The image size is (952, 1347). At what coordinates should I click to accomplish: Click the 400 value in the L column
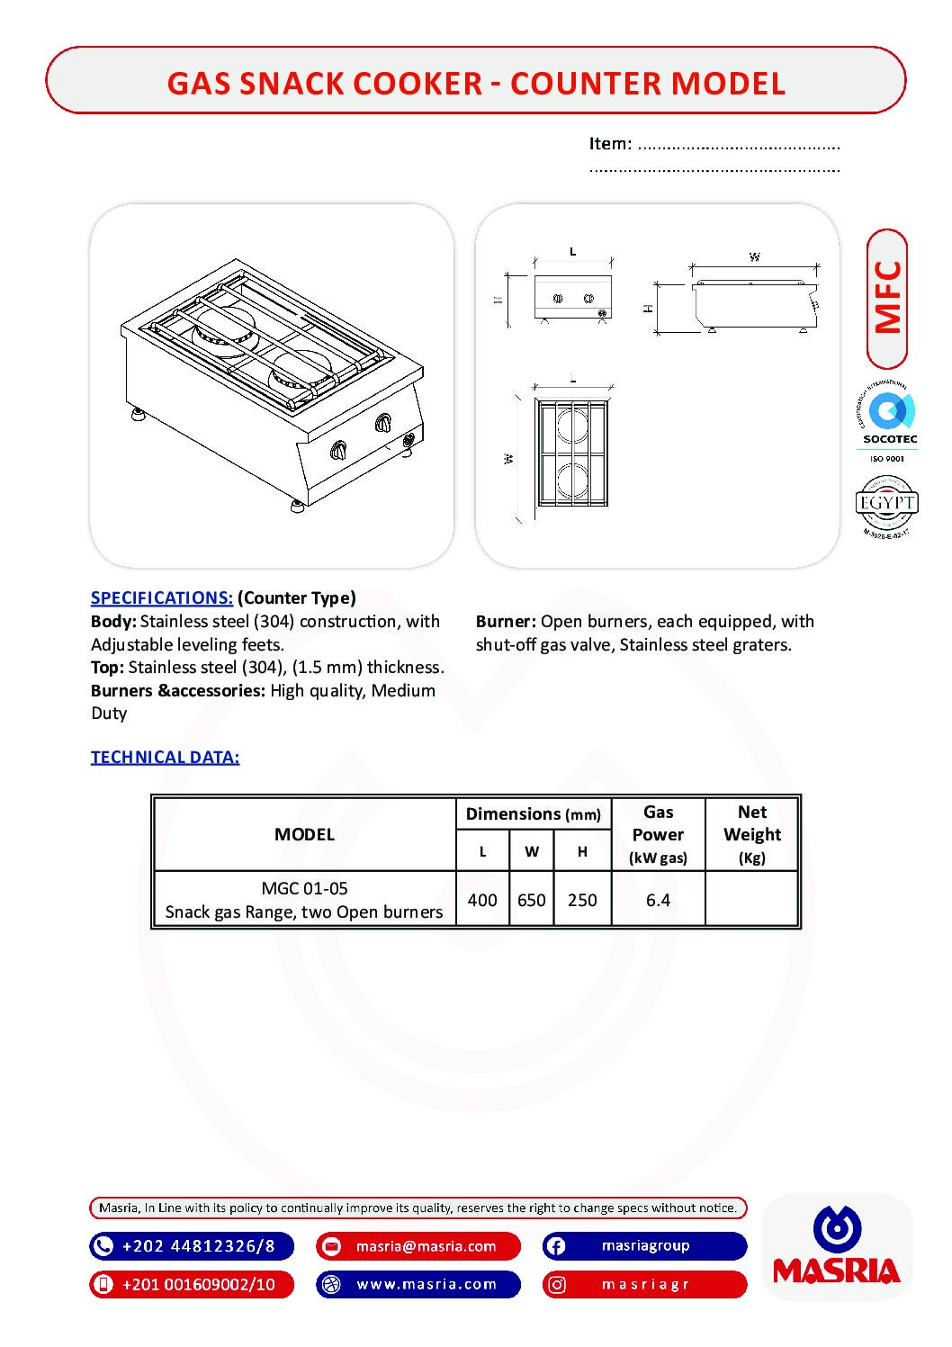point(482,900)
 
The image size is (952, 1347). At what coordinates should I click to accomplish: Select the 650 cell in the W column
point(532,900)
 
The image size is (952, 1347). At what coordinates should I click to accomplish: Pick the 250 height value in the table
point(582,900)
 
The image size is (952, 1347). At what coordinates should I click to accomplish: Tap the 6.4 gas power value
point(658,900)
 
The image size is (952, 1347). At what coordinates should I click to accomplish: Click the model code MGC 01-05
point(304,888)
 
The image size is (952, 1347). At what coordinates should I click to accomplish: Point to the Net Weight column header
point(752,834)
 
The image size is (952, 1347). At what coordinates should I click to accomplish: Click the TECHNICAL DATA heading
point(165,757)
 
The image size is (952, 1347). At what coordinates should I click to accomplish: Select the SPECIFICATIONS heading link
point(162,597)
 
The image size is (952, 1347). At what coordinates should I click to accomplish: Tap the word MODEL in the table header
point(304,834)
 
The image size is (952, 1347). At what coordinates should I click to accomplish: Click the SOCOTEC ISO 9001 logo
point(889,422)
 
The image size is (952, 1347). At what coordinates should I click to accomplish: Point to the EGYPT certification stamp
point(886,507)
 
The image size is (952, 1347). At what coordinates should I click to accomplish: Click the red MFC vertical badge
point(887,298)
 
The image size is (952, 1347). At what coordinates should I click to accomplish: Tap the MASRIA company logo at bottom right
point(837,1247)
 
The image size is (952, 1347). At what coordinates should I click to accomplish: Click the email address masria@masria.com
point(426,1246)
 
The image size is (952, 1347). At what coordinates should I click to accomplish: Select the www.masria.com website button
point(427,1284)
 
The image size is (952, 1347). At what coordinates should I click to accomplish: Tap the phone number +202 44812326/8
point(198,1246)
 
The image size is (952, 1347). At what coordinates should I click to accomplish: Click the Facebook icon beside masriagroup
point(556,1246)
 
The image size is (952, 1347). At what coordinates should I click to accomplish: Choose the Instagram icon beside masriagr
point(557,1285)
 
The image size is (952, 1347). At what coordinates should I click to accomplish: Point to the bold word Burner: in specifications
point(506,621)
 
